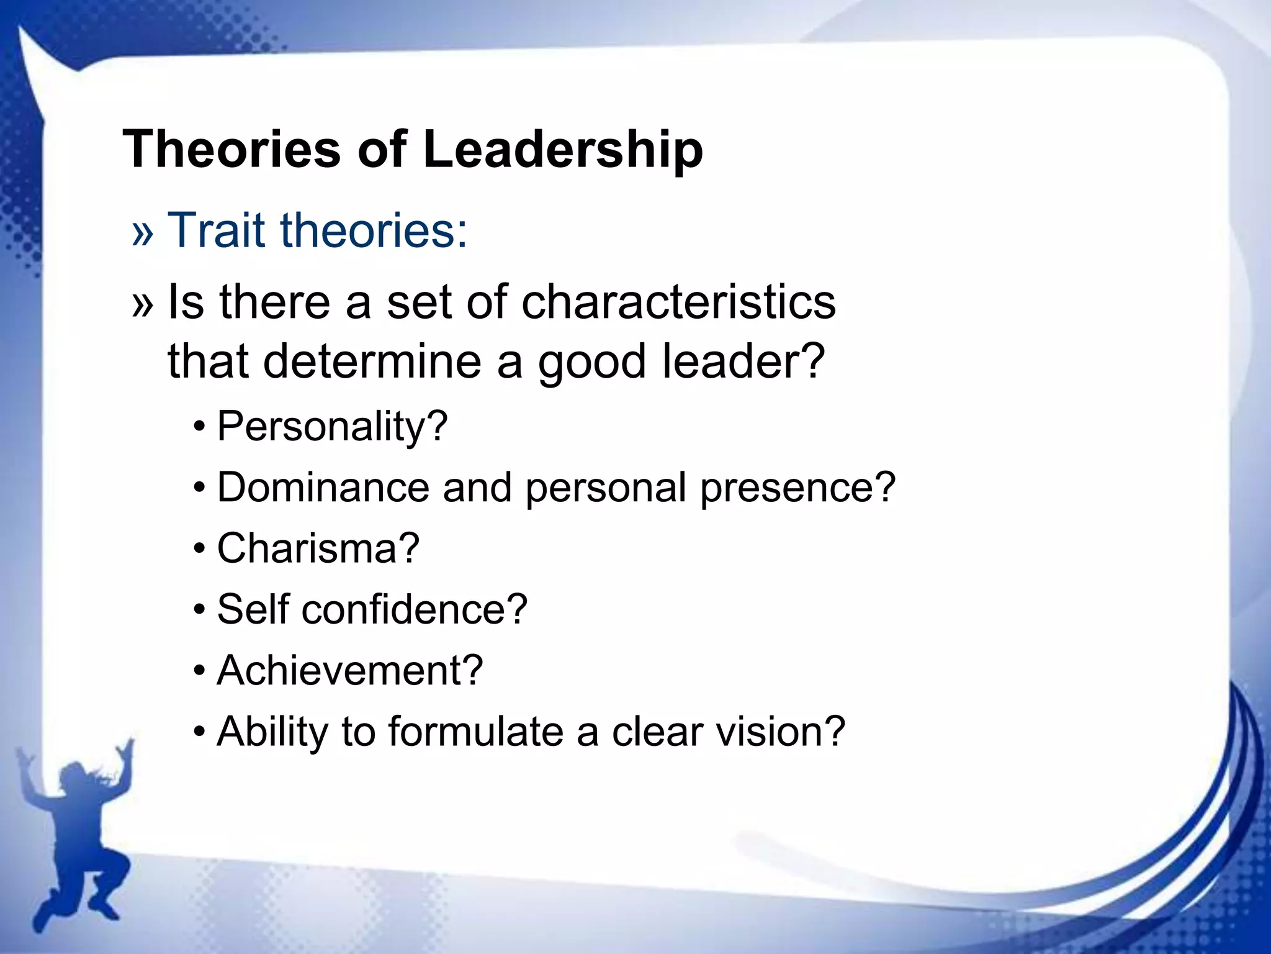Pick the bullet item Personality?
[332, 427]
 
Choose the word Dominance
[323, 487]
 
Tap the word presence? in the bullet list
[798, 487]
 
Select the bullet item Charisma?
[318, 548]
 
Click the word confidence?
[415, 609]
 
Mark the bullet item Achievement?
[350, 670]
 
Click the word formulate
[475, 731]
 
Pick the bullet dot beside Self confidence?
[199, 611]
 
